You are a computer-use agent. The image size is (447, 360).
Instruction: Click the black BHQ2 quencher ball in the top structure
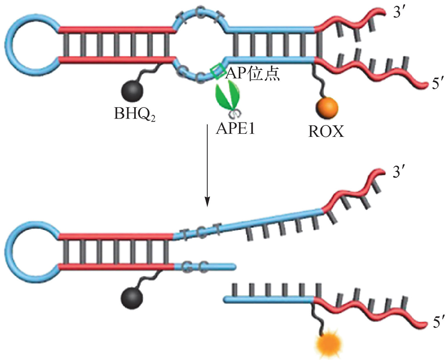(132, 94)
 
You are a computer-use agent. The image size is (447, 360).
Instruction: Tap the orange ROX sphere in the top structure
(326, 108)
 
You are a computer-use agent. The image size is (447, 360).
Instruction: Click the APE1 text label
(236, 128)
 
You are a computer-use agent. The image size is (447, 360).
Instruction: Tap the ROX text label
(326, 132)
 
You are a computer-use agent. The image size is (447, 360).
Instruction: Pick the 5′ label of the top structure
(438, 84)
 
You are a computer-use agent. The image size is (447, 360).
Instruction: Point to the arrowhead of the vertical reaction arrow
(207, 202)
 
